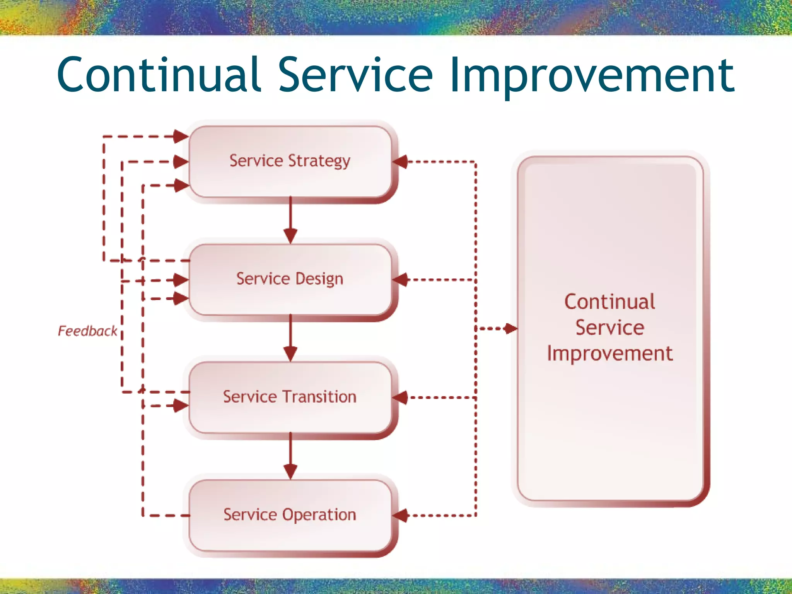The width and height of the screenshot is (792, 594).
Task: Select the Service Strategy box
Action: point(290,161)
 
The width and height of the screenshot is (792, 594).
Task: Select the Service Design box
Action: point(290,279)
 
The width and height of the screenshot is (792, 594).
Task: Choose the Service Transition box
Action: point(290,397)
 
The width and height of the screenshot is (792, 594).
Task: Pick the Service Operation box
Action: point(290,515)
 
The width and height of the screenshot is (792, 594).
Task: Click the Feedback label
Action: point(87,331)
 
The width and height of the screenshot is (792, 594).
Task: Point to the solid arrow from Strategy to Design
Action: point(290,220)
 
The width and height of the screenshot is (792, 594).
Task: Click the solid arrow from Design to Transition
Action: point(290,338)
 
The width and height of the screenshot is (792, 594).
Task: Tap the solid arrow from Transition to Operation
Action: point(290,456)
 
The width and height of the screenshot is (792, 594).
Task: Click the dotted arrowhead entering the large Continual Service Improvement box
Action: point(510,329)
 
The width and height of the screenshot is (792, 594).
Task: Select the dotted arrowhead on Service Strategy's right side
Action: point(400,162)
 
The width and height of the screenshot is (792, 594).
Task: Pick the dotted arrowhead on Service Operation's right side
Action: point(400,515)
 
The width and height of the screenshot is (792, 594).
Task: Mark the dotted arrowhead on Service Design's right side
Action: point(400,280)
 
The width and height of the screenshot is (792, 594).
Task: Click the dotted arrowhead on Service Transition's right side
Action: point(400,398)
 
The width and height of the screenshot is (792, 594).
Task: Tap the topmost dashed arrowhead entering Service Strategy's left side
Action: point(181,137)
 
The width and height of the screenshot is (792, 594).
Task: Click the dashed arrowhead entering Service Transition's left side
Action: point(181,406)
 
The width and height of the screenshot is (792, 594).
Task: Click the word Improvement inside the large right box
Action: point(610,353)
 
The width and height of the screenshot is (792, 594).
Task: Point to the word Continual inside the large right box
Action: point(610,302)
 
